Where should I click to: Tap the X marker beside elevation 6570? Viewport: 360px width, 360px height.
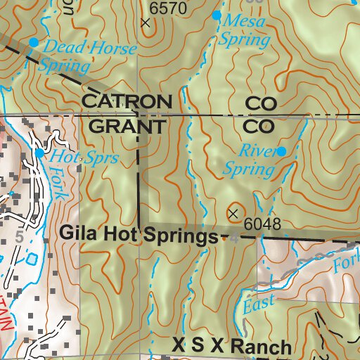(x=146, y=22)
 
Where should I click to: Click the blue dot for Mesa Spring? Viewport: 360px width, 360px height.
(x=217, y=15)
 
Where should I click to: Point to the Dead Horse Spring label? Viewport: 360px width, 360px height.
(x=67, y=56)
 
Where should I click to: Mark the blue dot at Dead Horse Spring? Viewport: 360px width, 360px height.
(x=33, y=42)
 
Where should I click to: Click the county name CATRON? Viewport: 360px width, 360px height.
(x=127, y=101)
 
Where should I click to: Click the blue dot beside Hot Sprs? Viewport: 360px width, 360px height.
(x=40, y=153)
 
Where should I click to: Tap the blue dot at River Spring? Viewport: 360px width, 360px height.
(x=281, y=151)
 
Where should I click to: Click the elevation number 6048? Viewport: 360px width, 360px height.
(x=264, y=225)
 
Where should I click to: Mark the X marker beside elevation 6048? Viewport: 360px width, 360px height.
(x=233, y=212)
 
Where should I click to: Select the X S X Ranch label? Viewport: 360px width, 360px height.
(x=231, y=347)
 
